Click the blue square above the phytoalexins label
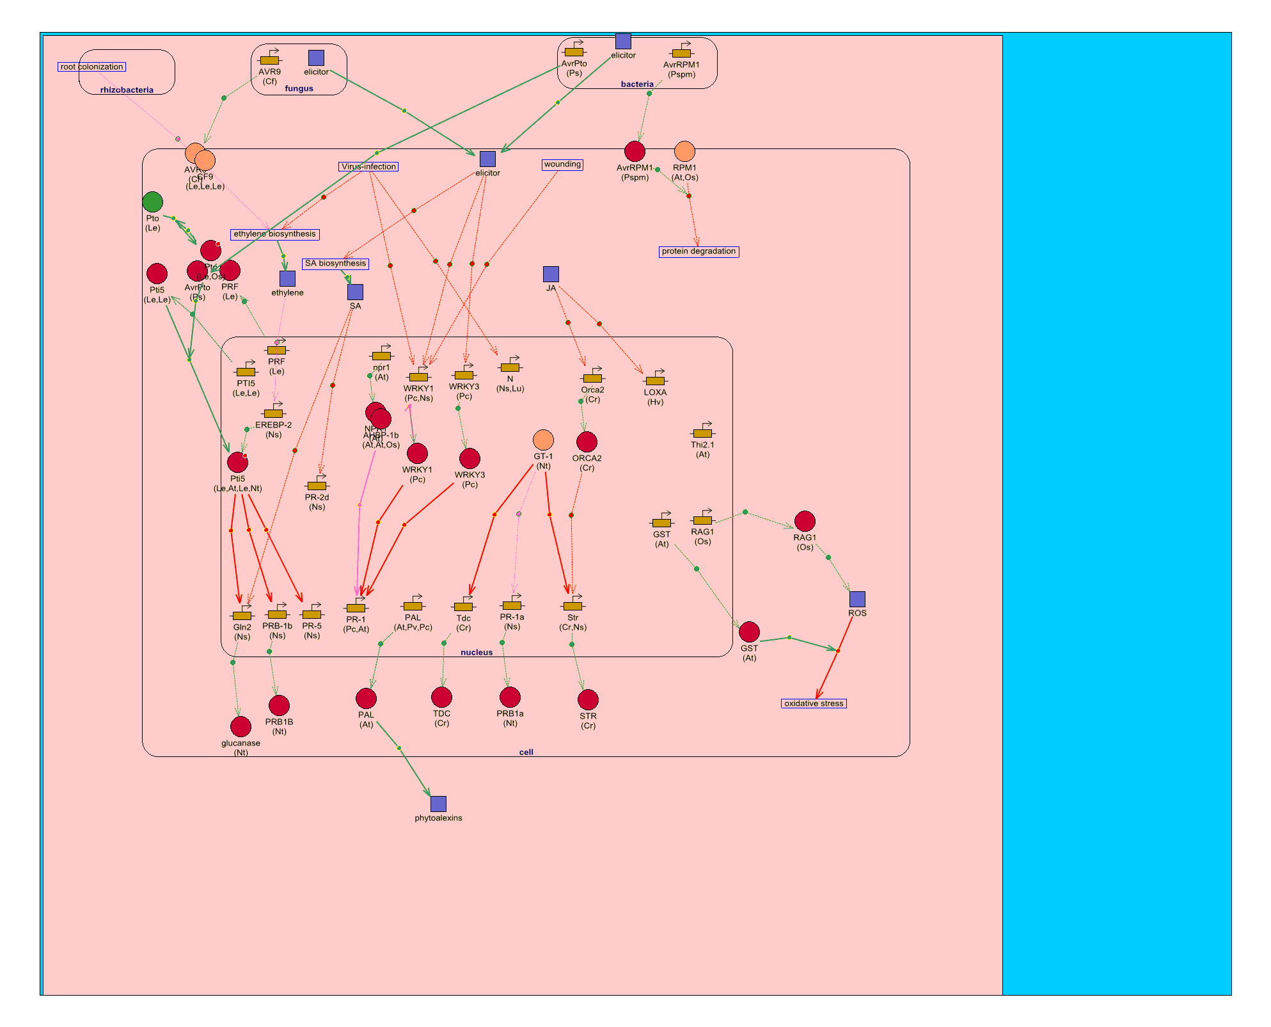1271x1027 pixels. pos(438,804)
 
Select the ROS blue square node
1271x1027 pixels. pos(857,599)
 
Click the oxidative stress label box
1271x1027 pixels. pos(814,703)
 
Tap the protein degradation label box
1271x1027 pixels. pos(699,251)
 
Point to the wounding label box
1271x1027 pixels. pos(562,164)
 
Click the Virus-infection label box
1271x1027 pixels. pos(368,166)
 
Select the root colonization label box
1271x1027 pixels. pos(91,67)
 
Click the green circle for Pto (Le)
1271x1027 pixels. pos(152,202)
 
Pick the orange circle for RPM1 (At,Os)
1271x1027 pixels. pos(684,152)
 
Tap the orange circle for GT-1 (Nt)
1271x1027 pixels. pos(543,440)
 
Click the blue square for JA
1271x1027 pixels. pos(551,274)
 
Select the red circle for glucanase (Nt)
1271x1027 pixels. pos(241,726)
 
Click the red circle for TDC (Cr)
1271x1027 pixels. pos(441,697)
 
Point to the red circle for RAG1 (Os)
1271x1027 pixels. pos(805,521)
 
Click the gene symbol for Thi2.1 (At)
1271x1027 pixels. pos(702,432)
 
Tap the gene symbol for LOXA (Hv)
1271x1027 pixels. pos(655,379)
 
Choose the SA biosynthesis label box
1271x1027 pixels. pos(335,264)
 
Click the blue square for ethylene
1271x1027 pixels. pos(287,278)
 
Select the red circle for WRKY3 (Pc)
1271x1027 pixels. pos(470,458)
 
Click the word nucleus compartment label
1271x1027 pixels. pos(477,652)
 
